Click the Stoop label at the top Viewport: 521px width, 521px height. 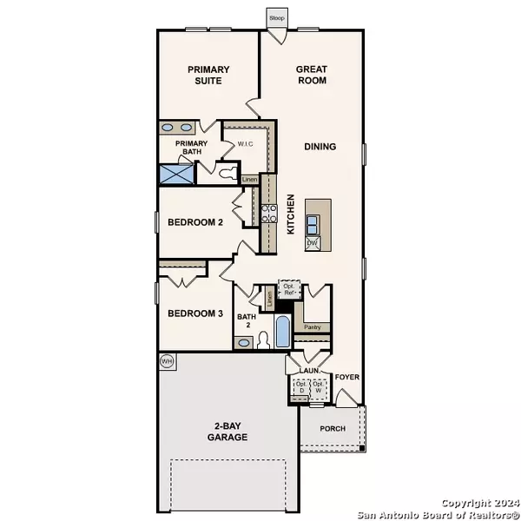tap(276, 17)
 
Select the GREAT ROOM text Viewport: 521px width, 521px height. tap(311, 75)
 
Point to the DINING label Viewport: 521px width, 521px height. tap(320, 147)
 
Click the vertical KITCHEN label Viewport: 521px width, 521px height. tap(291, 214)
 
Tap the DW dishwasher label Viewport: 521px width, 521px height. tap(312, 244)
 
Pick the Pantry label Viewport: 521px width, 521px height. tap(313, 327)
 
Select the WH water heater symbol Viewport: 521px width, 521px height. tap(166, 360)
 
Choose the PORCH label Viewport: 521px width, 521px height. tap(333, 429)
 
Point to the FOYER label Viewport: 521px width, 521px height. tap(347, 377)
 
